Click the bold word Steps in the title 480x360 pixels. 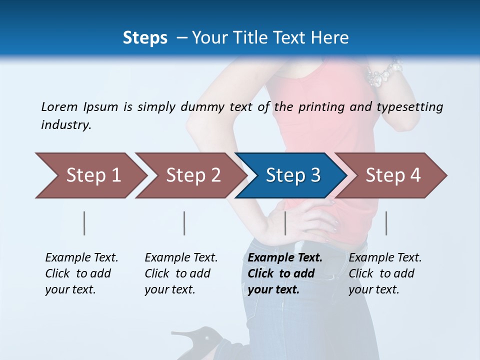[145, 37]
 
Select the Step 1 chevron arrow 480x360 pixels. [90, 175]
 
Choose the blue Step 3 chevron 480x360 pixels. [292, 175]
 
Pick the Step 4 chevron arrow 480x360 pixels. [392, 175]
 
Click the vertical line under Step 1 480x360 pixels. [84, 223]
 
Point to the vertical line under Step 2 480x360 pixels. [184, 223]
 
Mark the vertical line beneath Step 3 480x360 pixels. [285, 223]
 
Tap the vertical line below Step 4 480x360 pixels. [386, 223]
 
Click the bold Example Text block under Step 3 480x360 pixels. [285, 273]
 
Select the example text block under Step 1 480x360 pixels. [81, 273]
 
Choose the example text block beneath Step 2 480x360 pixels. [181, 273]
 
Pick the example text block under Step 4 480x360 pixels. [385, 273]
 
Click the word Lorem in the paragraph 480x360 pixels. [59, 106]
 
